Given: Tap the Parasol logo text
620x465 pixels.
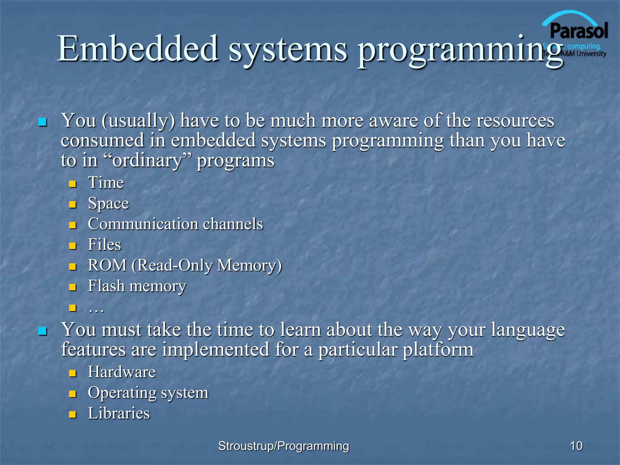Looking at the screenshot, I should pos(579,31).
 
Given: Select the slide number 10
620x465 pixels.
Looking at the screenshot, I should pos(576,446).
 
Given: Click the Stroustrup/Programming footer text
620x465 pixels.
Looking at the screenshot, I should pos(284,446).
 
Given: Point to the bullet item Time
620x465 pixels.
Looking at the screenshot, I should pos(106,183).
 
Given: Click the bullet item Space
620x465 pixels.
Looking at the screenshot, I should pos(108,203).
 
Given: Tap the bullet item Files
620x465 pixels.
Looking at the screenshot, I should pos(104,245).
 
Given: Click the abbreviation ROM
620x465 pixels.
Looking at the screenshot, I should pos(107,265).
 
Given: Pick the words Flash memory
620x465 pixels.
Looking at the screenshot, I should pos(137,286).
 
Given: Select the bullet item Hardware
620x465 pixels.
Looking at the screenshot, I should pos(122,372).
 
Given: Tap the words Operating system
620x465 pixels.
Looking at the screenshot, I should pos(148,393).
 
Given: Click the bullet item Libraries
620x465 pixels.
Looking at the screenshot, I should pos(119,414).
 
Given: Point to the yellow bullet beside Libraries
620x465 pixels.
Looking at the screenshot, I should pos(72,414).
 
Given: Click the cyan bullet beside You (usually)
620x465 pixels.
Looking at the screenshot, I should pos(42,123).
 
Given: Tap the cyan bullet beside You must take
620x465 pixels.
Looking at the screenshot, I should pos(42,331).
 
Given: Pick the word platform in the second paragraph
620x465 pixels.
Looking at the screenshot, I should pos(438,350).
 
